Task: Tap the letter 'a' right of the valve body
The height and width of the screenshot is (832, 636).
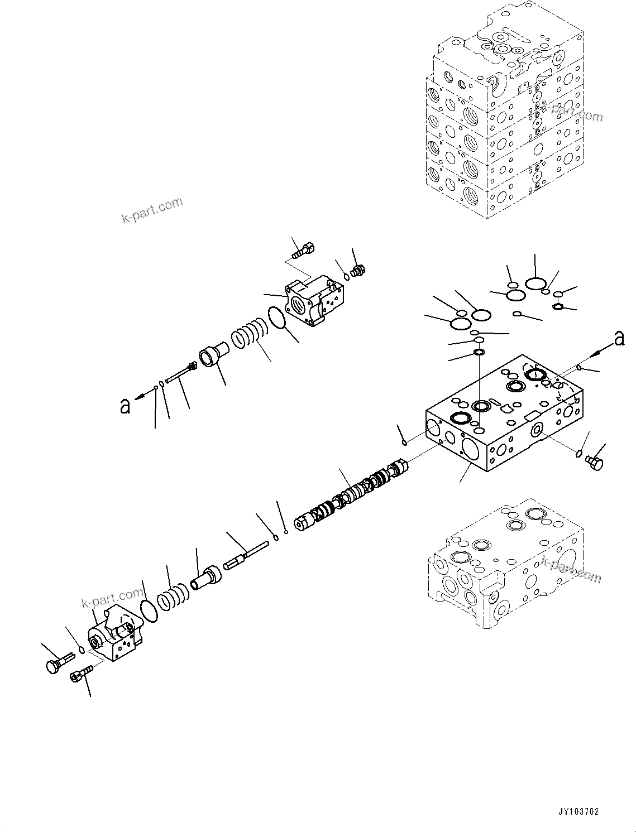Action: (619, 338)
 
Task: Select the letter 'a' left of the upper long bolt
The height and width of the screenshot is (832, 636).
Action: (125, 405)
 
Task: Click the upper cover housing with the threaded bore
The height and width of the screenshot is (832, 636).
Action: (314, 302)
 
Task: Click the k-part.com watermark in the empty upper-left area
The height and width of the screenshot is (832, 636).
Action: (152, 210)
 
